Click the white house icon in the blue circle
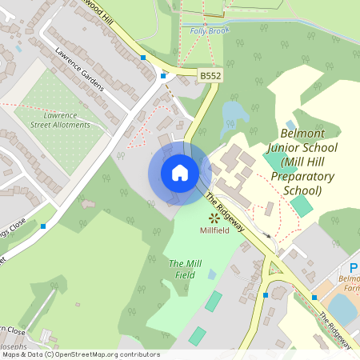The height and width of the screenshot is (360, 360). pyautogui.click(x=180, y=172)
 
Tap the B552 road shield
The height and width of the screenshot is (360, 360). pyautogui.click(x=210, y=76)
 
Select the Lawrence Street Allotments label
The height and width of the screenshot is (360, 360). pyautogui.click(x=61, y=120)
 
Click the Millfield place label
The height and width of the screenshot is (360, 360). pyautogui.click(x=214, y=230)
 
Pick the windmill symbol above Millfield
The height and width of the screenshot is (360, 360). pyautogui.click(x=214, y=217)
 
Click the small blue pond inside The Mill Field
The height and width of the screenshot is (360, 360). pyautogui.click(x=212, y=274)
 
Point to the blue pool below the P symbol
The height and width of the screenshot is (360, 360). pyautogui.click(x=342, y=306)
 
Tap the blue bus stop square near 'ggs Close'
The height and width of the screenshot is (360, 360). pyautogui.click(x=43, y=226)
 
